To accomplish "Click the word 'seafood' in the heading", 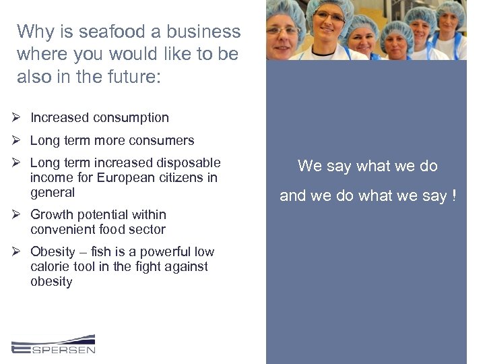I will [x=106, y=32].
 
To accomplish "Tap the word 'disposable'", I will [x=189, y=163].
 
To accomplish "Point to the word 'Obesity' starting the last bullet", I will [x=53, y=252].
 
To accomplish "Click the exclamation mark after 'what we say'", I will [x=454, y=195].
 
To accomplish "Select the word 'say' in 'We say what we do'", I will [x=338, y=166].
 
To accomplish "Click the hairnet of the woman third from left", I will [x=364, y=18].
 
